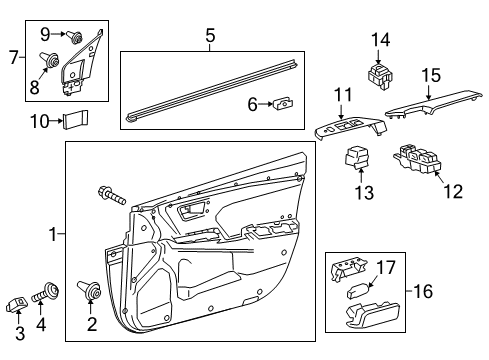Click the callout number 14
click(x=381, y=40)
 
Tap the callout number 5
click(x=210, y=36)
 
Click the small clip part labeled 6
click(x=286, y=103)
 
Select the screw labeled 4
click(x=44, y=295)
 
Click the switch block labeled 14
click(x=381, y=74)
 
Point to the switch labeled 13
click(x=358, y=159)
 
